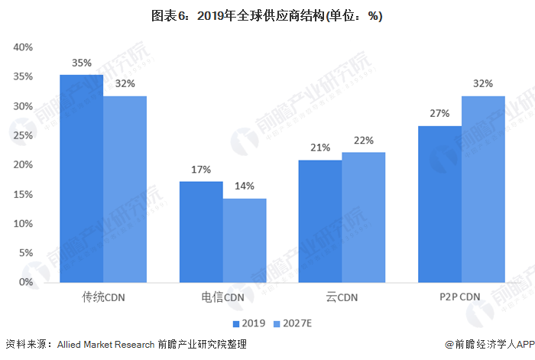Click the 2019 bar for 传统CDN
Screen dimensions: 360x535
[82, 178]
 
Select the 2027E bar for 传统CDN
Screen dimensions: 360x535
[125, 189]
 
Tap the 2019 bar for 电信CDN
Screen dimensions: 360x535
[201, 232]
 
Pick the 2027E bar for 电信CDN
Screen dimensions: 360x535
[245, 240]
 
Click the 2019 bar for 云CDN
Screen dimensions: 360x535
[320, 221]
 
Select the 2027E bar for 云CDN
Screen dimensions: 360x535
[363, 217]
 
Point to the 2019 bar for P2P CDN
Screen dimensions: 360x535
[439, 204]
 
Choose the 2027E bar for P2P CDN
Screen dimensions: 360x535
[483, 189]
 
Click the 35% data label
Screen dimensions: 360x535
[82, 63]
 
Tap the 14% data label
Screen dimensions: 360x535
[245, 186]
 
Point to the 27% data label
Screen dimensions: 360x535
[439, 113]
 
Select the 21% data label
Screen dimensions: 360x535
[320, 148]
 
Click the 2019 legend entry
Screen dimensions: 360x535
[249, 323]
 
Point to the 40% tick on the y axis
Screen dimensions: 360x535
[23, 47]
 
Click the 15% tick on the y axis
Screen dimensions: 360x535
[23, 194]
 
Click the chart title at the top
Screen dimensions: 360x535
[267, 16]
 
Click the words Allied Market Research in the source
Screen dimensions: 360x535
[105, 345]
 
